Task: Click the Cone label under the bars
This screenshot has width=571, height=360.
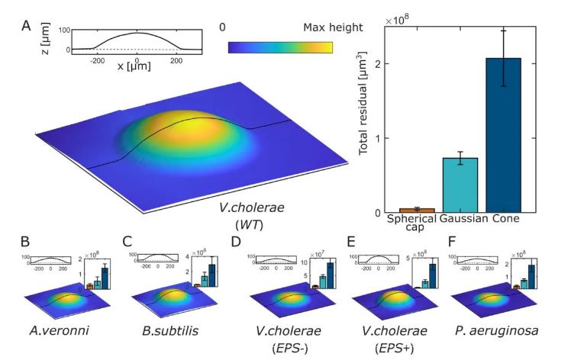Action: tap(505, 220)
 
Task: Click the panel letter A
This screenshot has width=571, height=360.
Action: tap(26, 26)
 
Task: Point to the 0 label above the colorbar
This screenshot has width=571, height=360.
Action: tap(221, 27)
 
